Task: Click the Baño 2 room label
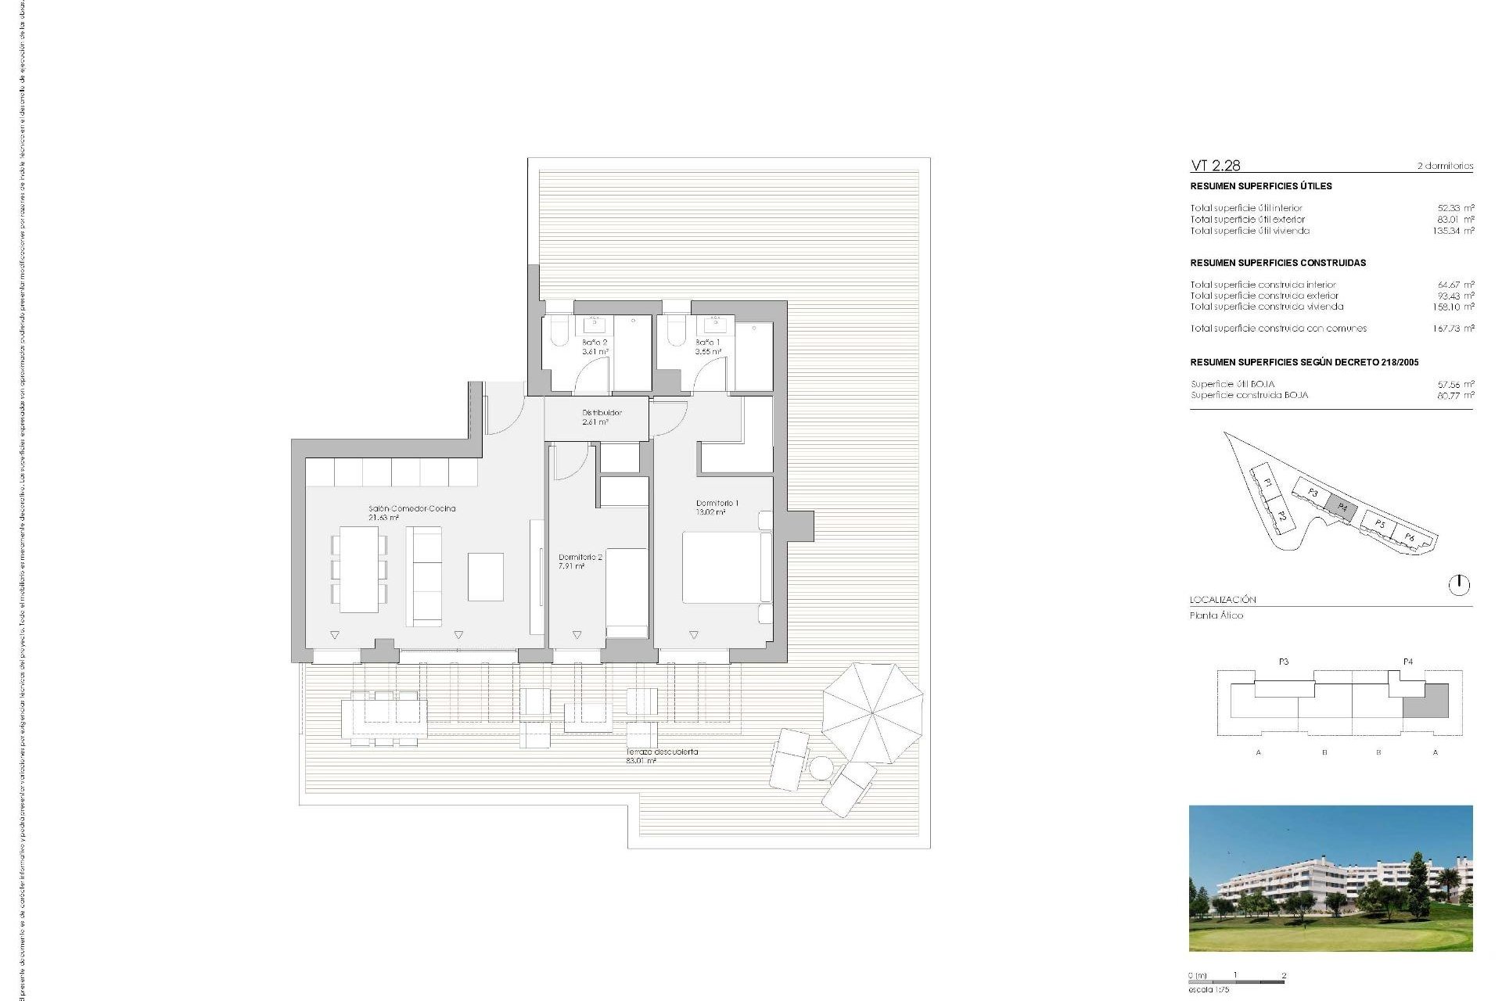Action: [595, 347]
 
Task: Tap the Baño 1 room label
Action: [708, 347]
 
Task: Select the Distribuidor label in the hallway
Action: [602, 417]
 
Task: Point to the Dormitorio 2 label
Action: [580, 561]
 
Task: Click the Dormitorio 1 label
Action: [717, 508]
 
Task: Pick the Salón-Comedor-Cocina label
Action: [411, 512]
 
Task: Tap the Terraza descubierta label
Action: [662, 755]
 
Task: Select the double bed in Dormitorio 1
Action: [721, 567]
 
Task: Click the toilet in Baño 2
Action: [560, 332]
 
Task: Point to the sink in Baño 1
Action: [715, 324]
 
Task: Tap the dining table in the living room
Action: [359, 569]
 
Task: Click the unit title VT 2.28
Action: [1215, 166]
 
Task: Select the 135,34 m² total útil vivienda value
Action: [1453, 231]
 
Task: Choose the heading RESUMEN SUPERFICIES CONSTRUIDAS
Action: [1277, 263]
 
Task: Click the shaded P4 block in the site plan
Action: [1342, 507]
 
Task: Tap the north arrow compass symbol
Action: [1459, 585]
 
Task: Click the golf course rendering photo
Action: [1330, 878]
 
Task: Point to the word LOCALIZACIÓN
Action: [1223, 600]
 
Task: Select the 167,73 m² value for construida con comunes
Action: [1453, 328]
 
